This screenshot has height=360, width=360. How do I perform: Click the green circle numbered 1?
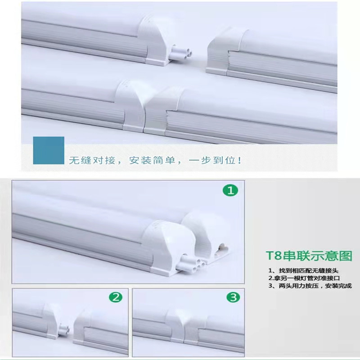[x=231, y=192]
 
